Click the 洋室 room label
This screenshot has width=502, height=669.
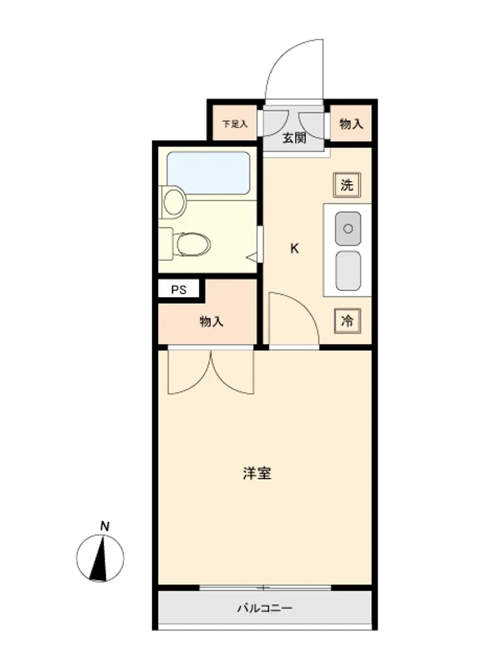[257, 473]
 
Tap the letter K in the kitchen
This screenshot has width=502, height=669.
[295, 248]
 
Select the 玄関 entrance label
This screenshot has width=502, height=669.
[294, 138]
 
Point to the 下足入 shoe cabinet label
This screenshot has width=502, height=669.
[235, 124]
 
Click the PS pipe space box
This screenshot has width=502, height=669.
[179, 290]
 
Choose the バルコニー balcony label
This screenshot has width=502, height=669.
[264, 607]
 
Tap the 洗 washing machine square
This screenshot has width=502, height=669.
[347, 185]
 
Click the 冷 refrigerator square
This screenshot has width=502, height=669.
[347, 320]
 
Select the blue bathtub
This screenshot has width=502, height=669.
[208, 173]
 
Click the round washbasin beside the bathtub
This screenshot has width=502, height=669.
[175, 202]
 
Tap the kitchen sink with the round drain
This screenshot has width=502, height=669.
[348, 229]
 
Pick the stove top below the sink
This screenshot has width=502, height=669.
[348, 270]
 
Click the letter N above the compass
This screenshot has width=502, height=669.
[104, 526]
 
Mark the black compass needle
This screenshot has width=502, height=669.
[100, 559]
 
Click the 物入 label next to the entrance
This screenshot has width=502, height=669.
[351, 124]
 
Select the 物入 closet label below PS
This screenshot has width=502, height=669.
[212, 321]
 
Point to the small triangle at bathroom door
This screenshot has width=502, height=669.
[253, 257]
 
